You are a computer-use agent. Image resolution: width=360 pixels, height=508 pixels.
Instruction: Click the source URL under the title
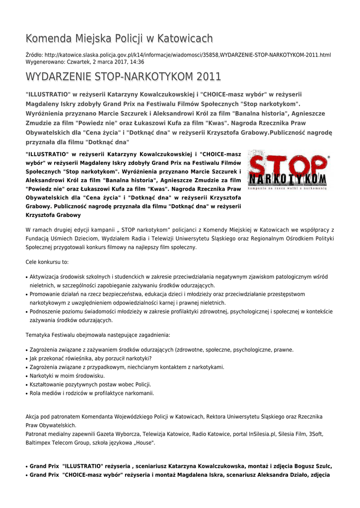(x=189, y=55)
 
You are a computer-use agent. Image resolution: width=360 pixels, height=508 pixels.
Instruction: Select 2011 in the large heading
(x=209, y=77)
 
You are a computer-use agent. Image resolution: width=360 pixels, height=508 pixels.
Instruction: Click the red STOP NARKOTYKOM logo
(x=288, y=170)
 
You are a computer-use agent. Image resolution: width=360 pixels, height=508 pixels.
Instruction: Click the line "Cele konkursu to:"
(x=47, y=261)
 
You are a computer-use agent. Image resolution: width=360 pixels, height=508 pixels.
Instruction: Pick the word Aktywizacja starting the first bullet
(x=45, y=276)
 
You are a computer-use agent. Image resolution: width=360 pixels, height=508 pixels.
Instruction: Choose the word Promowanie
(x=47, y=294)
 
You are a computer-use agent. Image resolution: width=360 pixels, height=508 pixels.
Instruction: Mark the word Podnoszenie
(x=47, y=312)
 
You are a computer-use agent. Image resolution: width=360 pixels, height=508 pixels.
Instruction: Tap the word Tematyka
(x=39, y=334)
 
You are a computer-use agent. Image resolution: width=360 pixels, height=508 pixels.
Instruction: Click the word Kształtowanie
(x=49, y=384)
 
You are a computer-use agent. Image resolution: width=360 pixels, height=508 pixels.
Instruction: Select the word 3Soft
(x=316, y=434)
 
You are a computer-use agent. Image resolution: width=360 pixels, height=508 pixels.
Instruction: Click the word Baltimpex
(x=39, y=443)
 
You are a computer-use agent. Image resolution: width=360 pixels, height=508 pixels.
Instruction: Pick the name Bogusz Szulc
(x=312, y=466)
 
